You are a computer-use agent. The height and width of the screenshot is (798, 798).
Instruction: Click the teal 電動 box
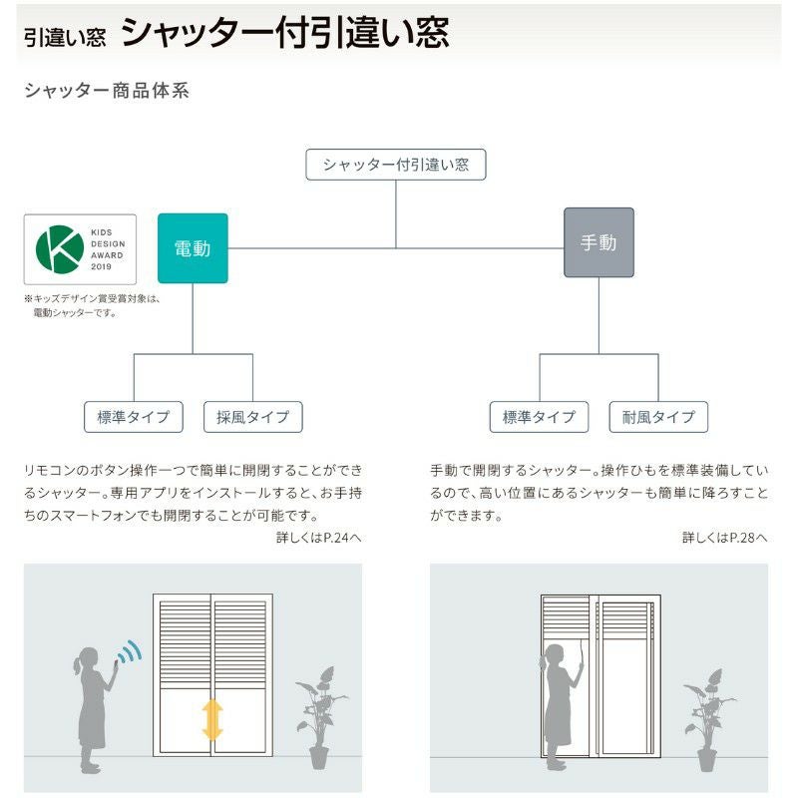point(193,248)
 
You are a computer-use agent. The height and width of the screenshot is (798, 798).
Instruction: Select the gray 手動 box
point(598,242)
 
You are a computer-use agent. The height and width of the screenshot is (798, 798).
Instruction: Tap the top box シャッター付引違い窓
point(396,165)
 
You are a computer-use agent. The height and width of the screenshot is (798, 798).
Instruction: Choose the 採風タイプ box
point(252,417)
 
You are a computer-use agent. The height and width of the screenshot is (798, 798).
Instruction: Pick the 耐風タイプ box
point(658,417)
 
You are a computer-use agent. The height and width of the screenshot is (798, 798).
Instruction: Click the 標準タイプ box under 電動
point(134,417)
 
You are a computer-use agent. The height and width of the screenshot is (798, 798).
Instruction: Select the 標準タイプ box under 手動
point(540,417)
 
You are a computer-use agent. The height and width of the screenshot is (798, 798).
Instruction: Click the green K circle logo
point(60,249)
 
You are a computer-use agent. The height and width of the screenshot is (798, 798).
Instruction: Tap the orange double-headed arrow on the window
point(212,719)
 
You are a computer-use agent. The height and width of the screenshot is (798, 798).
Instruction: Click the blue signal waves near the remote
point(130,652)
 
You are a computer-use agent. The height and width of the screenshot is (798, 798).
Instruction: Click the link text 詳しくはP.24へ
point(319,538)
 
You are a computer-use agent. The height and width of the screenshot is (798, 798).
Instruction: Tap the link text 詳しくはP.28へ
point(725,538)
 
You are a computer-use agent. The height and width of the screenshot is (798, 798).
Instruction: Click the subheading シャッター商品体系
point(106,91)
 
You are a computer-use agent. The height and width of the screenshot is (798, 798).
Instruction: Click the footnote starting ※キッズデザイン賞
point(92,305)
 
